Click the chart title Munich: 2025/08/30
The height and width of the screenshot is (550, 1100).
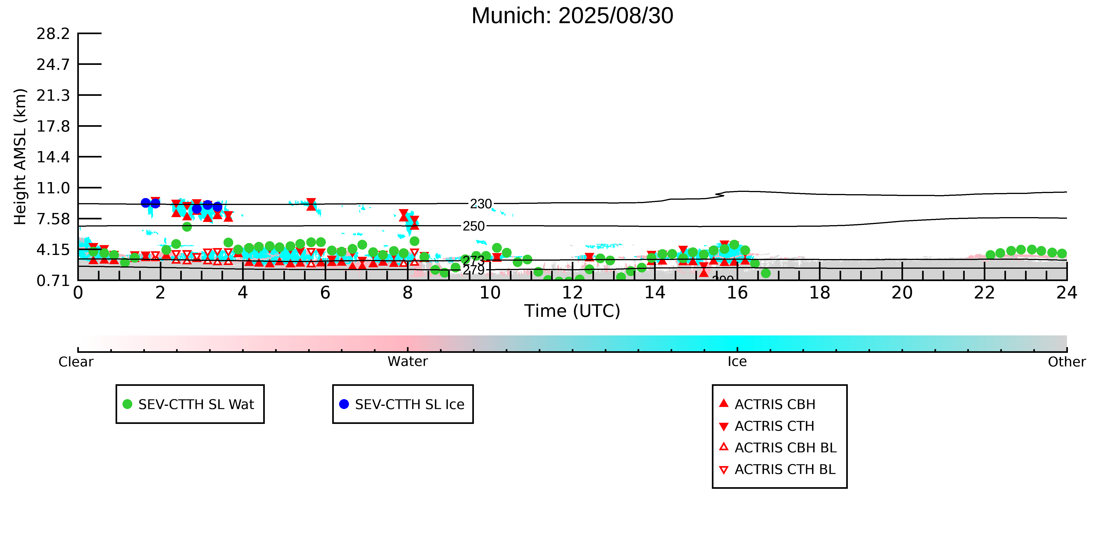pyautogui.click(x=572, y=16)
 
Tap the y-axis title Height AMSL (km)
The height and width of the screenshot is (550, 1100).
pyautogui.click(x=20, y=157)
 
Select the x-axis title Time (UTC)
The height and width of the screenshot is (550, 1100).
pyautogui.click(x=572, y=311)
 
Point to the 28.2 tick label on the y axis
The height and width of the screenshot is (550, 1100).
pyautogui.click(x=53, y=34)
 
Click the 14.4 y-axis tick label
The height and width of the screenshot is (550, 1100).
pyautogui.click(x=53, y=157)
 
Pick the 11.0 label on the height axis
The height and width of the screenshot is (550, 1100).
pyautogui.click(x=53, y=188)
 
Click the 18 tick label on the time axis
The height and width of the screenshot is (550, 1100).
pyautogui.click(x=819, y=293)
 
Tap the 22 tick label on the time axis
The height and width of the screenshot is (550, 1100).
pyautogui.click(x=984, y=293)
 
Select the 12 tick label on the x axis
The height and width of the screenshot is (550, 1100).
pyautogui.click(x=572, y=293)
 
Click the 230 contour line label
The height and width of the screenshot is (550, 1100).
pyautogui.click(x=481, y=204)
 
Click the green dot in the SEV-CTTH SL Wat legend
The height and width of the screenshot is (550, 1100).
pyautogui.click(x=127, y=404)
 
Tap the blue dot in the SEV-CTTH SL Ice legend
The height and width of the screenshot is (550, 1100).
pyautogui.click(x=344, y=404)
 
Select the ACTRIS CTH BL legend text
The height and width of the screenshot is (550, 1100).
pyautogui.click(x=785, y=469)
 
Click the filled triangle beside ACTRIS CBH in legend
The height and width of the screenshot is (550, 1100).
pyautogui.click(x=723, y=403)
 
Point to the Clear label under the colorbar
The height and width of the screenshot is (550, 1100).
pyautogui.click(x=76, y=362)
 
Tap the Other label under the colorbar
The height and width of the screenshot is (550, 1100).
pyautogui.click(x=1066, y=362)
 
